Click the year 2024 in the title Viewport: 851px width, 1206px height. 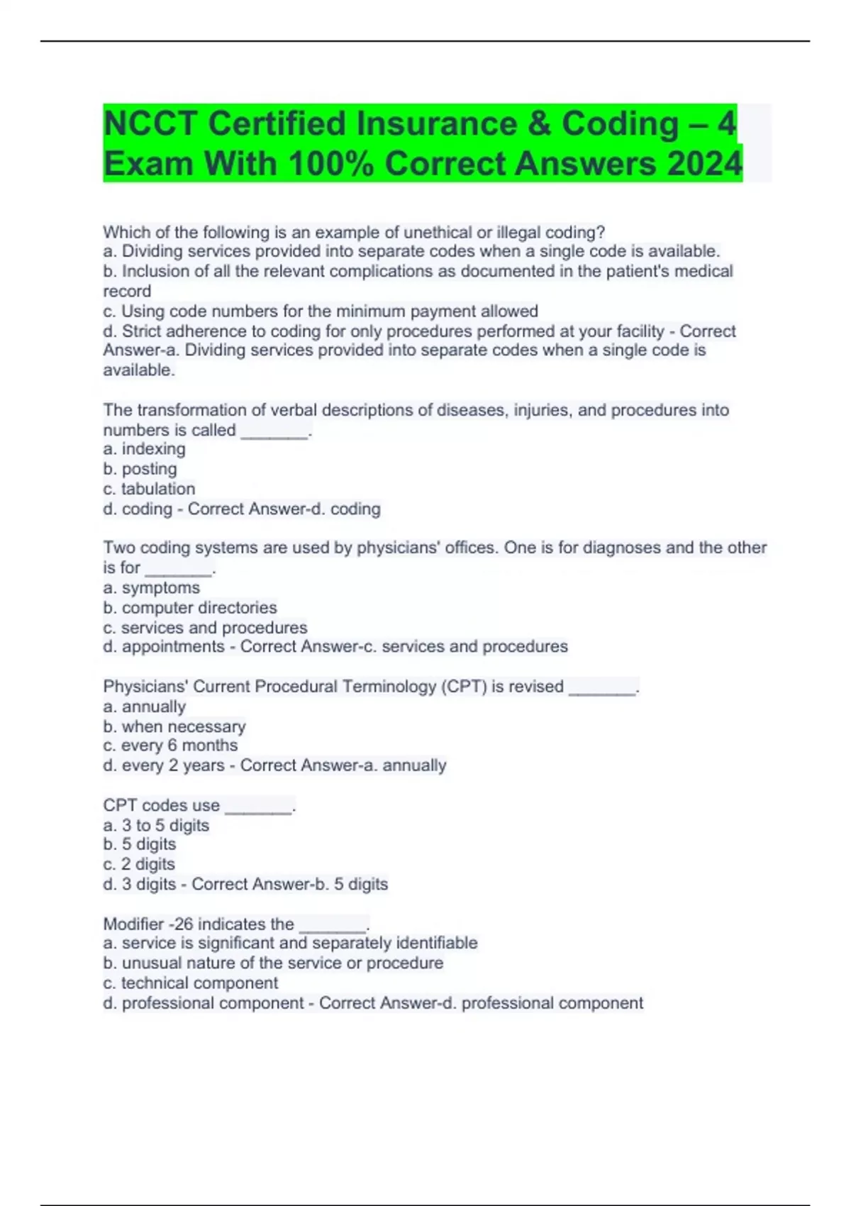click(x=704, y=164)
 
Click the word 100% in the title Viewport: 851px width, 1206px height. click(x=333, y=164)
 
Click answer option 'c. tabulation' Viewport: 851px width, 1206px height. click(x=149, y=489)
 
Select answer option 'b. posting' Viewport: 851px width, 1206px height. click(x=140, y=469)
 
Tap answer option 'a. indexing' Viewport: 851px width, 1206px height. click(x=144, y=449)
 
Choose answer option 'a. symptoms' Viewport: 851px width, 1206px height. click(x=151, y=588)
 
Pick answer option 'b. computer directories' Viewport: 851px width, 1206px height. click(x=189, y=608)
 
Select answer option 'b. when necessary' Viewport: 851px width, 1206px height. click(x=174, y=726)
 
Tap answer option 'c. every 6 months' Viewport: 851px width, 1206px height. click(x=170, y=746)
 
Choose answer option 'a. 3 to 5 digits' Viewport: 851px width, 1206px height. click(x=156, y=825)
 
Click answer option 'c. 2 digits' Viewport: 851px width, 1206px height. click(x=139, y=864)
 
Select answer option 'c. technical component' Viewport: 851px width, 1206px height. click(x=190, y=983)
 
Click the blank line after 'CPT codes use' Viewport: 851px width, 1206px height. click(x=258, y=809)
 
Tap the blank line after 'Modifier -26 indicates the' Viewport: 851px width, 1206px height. click(x=333, y=927)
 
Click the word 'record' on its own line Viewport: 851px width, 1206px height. click(x=127, y=291)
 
